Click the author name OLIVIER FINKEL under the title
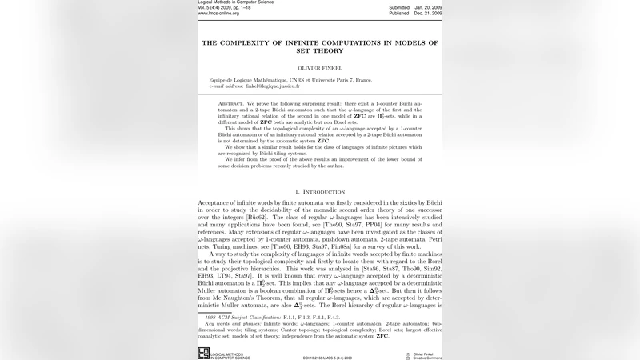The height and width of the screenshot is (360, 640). [x=319, y=69]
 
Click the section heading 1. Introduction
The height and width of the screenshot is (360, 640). [x=320, y=192]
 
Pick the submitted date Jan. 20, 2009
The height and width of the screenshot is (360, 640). [x=428, y=7]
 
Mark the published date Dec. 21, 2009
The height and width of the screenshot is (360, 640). [x=428, y=14]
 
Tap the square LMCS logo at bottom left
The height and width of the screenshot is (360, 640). [x=203, y=353]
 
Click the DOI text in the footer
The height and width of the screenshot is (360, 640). [x=329, y=357]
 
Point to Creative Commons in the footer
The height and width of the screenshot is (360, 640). [x=427, y=358]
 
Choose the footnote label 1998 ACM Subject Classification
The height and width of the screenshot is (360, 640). [x=241, y=317]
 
